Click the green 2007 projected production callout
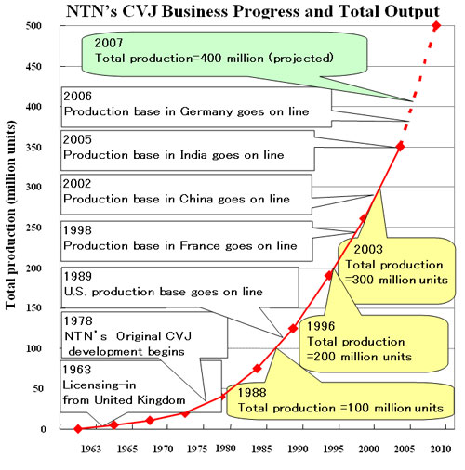(204, 54)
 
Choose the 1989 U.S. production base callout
(177, 284)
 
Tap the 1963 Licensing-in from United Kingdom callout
(130, 383)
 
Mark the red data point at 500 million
(437, 26)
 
